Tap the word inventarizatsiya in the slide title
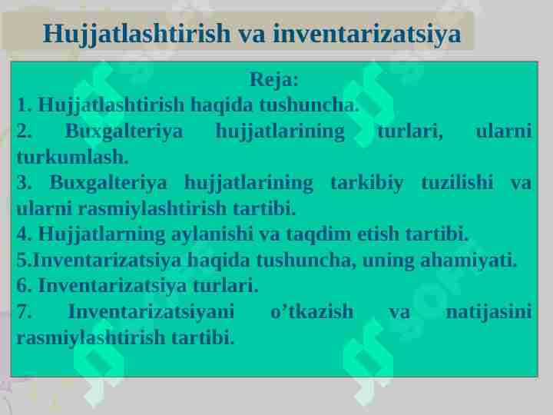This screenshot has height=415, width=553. click(x=366, y=34)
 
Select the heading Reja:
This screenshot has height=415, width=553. click(x=274, y=80)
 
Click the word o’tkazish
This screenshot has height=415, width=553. click(x=313, y=312)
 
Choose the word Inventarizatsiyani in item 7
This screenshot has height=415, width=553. click(x=151, y=312)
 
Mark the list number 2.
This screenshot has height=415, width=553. click(x=23, y=131)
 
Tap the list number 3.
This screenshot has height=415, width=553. click(x=23, y=183)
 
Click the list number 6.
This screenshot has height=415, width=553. click(x=23, y=287)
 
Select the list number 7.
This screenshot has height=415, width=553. click(x=23, y=312)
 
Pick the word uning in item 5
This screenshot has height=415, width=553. click(x=388, y=261)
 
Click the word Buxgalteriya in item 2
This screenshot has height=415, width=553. click(x=124, y=131)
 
